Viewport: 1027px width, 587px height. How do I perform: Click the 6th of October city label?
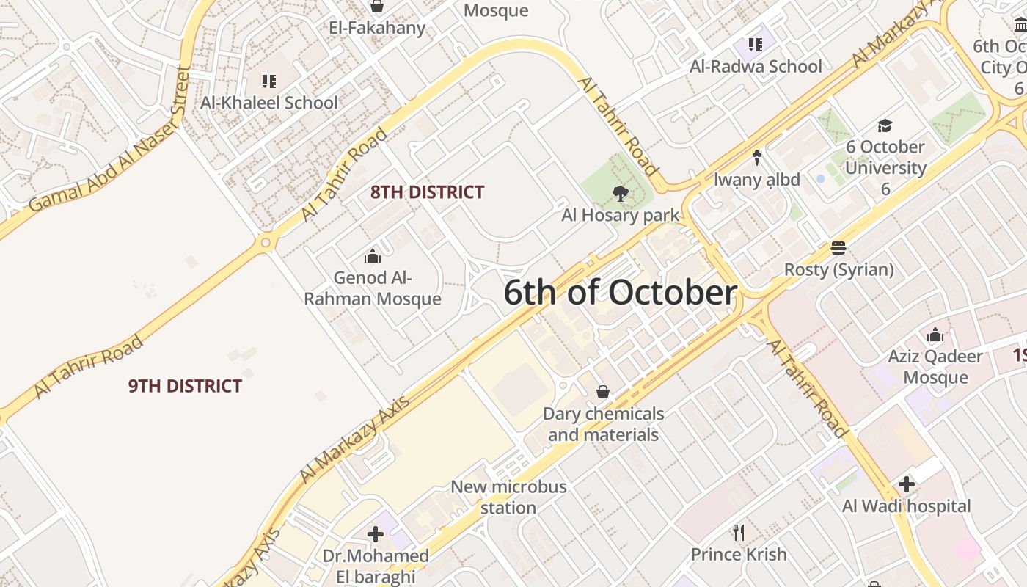(x=620, y=293)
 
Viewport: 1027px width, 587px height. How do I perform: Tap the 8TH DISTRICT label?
(x=427, y=192)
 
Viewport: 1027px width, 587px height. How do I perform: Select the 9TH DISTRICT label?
(x=185, y=386)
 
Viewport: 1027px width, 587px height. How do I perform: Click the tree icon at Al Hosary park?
(x=621, y=194)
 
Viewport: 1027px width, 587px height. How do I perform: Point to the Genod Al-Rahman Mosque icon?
(x=373, y=256)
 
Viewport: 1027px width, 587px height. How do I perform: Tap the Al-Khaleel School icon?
(x=269, y=81)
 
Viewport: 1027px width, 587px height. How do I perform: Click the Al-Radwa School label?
(x=756, y=66)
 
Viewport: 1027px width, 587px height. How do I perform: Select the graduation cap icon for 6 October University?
(x=885, y=125)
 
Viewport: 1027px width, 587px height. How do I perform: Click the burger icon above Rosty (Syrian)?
(x=838, y=247)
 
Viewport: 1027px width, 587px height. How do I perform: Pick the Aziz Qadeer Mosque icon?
(x=935, y=335)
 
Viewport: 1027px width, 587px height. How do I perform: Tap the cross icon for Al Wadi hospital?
(x=907, y=484)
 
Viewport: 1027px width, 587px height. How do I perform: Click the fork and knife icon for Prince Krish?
(x=739, y=532)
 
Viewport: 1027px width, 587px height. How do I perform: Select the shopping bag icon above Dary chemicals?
(x=602, y=392)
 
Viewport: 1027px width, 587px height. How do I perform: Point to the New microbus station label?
(x=508, y=497)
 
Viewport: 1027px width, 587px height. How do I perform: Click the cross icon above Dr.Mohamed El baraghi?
(x=376, y=534)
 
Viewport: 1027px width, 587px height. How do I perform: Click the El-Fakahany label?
(x=377, y=28)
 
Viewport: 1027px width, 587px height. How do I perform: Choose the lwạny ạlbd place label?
(x=757, y=179)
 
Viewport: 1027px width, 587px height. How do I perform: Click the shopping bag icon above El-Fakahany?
(x=377, y=7)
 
